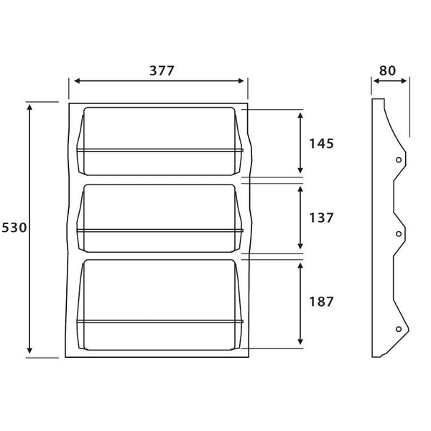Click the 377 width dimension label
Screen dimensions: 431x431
coord(159,70)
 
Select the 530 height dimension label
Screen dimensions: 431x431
coord(14,228)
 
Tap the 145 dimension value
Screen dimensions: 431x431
coord(321,144)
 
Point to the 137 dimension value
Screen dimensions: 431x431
coord(321,218)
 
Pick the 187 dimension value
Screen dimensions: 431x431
coord(321,302)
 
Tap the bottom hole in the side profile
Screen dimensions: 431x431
coord(398,328)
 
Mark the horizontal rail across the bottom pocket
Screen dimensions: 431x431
coord(159,321)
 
